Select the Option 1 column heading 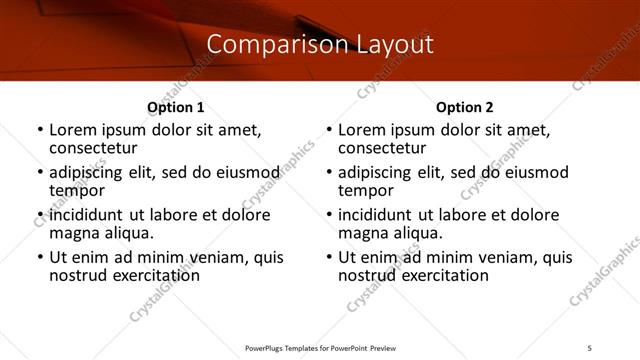(x=175, y=107)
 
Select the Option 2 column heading (x=464, y=107)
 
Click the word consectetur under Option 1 (x=92, y=148)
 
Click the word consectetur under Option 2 (x=381, y=148)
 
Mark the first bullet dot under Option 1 (x=39, y=131)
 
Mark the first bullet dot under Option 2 (x=328, y=131)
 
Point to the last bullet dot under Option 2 (x=328, y=257)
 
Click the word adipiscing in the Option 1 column (x=87, y=173)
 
